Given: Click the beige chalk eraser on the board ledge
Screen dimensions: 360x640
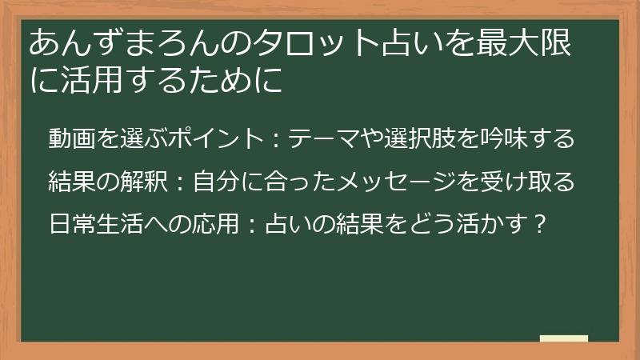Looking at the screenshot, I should pyautogui.click(x=563, y=338).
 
